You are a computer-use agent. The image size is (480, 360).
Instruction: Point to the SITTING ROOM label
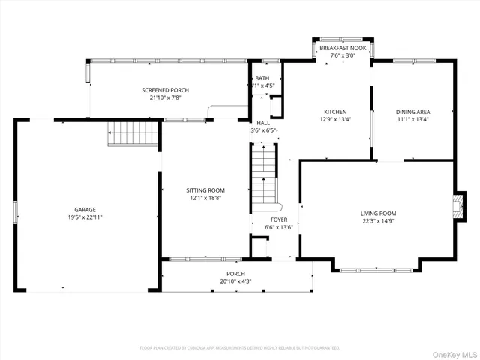pyautogui.click(x=205, y=190)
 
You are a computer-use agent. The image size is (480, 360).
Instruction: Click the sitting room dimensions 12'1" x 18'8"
pyautogui.click(x=205, y=199)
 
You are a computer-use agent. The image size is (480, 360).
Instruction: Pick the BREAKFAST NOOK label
pyautogui.click(x=342, y=48)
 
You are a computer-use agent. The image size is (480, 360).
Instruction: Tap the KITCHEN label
pyautogui.click(x=335, y=112)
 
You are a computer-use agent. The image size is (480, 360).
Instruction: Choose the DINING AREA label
pyautogui.click(x=412, y=112)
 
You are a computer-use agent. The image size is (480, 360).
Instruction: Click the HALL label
pyautogui.click(x=263, y=123)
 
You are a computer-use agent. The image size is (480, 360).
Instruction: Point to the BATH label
pyautogui.click(x=262, y=78)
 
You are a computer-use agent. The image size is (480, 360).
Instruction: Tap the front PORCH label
pyautogui.click(x=235, y=273)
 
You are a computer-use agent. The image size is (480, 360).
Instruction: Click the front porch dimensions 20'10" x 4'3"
pyautogui.click(x=235, y=281)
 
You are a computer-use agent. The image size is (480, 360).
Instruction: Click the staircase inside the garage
pyautogui.click(x=133, y=134)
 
